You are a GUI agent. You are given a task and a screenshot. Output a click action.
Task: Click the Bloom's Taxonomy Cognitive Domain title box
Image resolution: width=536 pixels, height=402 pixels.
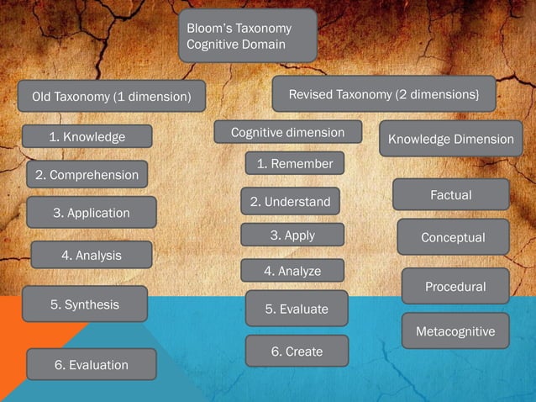click(247, 36)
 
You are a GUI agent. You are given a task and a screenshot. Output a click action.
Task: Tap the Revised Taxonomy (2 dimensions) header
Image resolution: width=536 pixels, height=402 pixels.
click(384, 94)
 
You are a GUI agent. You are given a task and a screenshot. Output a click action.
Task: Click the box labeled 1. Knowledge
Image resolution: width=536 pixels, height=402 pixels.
click(87, 136)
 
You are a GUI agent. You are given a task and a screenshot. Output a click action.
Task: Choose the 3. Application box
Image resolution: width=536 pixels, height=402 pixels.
click(92, 212)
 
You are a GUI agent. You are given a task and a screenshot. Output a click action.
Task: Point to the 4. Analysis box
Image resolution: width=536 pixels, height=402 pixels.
click(92, 255)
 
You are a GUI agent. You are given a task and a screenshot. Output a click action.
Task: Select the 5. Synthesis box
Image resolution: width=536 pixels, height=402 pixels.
click(85, 304)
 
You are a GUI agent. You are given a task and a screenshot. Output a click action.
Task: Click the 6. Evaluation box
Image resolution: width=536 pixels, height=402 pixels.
click(92, 364)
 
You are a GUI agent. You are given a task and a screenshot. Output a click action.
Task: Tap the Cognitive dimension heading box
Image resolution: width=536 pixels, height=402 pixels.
click(287, 132)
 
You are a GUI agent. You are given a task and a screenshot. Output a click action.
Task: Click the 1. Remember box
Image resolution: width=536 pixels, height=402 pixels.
click(295, 163)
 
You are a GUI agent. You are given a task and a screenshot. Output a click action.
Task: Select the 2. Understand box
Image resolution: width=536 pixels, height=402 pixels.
click(291, 202)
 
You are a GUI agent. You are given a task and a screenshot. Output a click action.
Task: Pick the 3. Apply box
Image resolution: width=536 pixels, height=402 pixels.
click(292, 235)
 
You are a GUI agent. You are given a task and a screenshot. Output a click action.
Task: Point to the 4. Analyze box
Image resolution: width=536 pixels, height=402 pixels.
click(292, 271)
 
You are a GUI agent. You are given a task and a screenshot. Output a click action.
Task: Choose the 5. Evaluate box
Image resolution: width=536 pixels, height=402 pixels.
click(297, 309)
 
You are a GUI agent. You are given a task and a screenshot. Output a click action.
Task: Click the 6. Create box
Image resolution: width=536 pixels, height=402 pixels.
click(297, 351)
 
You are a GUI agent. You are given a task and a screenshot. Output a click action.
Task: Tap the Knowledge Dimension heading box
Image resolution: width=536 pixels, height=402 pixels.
click(450, 139)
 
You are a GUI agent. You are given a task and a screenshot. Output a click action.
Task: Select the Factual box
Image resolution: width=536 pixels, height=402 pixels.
click(451, 194)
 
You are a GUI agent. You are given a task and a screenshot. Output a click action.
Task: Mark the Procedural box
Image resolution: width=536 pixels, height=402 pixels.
click(455, 286)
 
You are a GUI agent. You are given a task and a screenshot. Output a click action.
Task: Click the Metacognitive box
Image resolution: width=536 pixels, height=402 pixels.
click(455, 331)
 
